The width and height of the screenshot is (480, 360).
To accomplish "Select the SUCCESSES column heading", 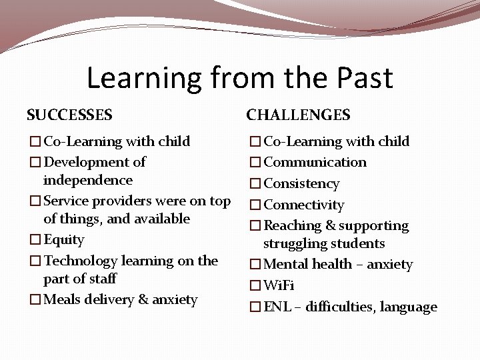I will pyautogui.click(x=69, y=115).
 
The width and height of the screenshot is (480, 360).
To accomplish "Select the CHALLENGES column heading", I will pyautogui.click(x=298, y=115).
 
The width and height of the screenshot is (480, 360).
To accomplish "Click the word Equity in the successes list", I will pyautogui.click(x=64, y=240).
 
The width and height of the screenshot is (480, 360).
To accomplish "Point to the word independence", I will pyautogui.click(x=87, y=181).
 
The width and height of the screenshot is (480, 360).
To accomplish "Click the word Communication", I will pyautogui.click(x=315, y=163).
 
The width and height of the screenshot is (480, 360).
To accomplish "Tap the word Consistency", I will pyautogui.click(x=302, y=184).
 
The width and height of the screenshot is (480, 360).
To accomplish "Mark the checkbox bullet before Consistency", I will pyautogui.click(x=255, y=184).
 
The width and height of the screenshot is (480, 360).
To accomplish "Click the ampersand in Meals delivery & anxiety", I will pyautogui.click(x=144, y=300).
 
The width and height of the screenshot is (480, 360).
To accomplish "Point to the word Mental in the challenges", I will pyautogui.click(x=285, y=265).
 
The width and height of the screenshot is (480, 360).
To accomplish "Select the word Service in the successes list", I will pyautogui.click(x=67, y=201).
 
